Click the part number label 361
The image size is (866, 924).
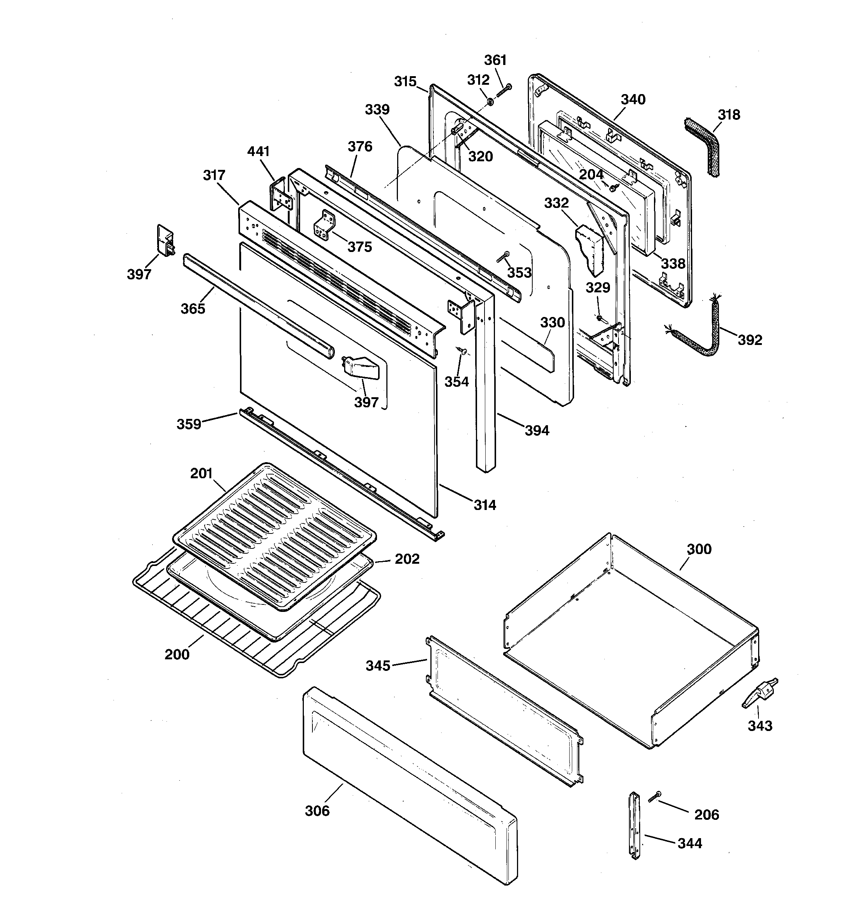pyautogui.click(x=495, y=60)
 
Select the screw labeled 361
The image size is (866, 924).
pyautogui.click(x=504, y=90)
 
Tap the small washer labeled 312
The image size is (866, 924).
pyautogui.click(x=490, y=101)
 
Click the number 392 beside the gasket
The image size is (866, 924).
pyautogui.click(x=750, y=340)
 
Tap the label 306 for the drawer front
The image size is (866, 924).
pyautogui.click(x=317, y=811)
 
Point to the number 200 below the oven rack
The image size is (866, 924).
pyautogui.click(x=177, y=655)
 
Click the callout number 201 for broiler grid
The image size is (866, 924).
pyautogui.click(x=201, y=474)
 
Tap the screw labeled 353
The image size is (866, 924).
pyautogui.click(x=503, y=256)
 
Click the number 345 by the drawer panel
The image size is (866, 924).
pyautogui.click(x=377, y=666)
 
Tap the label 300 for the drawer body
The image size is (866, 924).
pyautogui.click(x=699, y=550)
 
